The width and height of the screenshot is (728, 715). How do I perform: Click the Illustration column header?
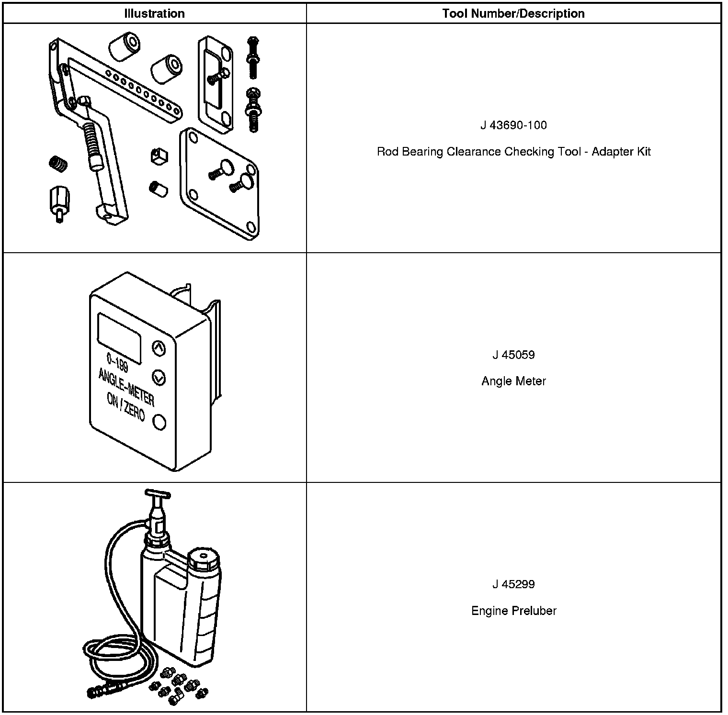154,13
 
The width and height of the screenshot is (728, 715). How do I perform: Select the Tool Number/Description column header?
513,13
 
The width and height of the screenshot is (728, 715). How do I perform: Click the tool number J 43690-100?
513,125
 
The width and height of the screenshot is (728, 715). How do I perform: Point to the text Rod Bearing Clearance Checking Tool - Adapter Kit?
513,152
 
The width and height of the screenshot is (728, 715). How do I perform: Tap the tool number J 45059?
513,355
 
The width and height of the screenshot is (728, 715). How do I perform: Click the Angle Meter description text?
513,381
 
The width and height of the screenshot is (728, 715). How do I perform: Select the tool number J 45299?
513,584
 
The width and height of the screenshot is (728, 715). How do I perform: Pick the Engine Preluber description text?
513,611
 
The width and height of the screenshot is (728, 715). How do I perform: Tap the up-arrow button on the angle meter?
159,348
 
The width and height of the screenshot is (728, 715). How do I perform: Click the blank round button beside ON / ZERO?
159,422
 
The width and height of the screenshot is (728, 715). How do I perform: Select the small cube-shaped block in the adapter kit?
159,156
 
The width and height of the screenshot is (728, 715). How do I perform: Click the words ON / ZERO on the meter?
126,408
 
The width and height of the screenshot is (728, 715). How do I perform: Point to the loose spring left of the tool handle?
58,164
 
